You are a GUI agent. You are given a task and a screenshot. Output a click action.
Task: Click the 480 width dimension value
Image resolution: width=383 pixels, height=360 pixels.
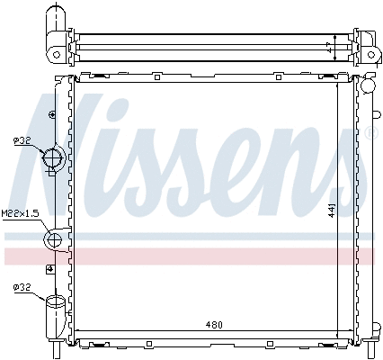tap(213, 325)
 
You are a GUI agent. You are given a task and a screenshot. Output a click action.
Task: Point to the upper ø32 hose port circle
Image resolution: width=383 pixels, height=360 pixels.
tap(54, 160)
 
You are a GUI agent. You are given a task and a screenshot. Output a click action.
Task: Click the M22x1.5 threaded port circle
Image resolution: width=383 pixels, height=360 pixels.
tap(54, 239)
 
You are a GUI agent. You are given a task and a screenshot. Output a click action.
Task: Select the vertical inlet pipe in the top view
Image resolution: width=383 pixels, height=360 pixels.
tap(57, 19)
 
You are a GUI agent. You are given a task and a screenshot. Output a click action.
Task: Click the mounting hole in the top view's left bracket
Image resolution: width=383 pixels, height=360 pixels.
tap(57, 53)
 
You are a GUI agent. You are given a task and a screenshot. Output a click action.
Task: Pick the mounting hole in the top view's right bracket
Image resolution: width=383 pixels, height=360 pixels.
tap(368, 53)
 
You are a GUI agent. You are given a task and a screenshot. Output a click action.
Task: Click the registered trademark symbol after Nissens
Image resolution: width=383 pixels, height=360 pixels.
tap(371, 134)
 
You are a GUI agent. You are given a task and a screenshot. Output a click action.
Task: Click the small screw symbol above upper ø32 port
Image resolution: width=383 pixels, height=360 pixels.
tap(52, 116)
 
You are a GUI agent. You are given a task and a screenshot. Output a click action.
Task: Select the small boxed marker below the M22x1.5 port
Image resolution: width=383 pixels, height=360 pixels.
tap(50, 268)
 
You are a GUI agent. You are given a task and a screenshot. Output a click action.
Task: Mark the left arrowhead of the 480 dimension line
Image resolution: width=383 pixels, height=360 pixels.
tap(80, 332)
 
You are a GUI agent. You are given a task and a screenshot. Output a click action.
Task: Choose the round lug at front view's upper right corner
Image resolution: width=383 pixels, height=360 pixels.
tap(366, 86)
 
